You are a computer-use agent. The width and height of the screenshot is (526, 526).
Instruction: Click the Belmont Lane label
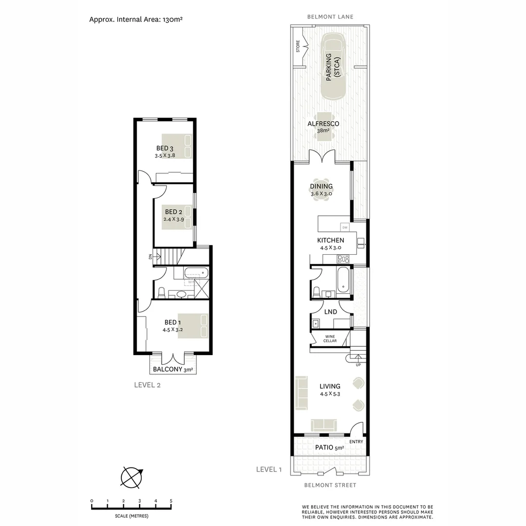pyautogui.click(x=330, y=17)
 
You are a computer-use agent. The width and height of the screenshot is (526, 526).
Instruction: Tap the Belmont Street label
pyautogui.click(x=330, y=485)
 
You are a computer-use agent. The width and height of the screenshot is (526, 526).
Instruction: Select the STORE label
pyautogui.click(x=298, y=46)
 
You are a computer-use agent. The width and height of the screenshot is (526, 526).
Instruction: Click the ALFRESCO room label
pyautogui.click(x=323, y=124)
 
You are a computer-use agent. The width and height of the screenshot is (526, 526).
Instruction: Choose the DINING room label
pyautogui.click(x=321, y=186)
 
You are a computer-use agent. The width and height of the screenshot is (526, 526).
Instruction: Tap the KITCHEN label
pyautogui.click(x=331, y=240)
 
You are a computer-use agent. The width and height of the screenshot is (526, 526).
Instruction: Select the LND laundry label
pyautogui.click(x=331, y=312)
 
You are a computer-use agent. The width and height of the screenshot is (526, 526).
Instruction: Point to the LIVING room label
pyautogui.click(x=330, y=386)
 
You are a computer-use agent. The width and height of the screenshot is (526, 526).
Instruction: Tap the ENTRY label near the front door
pyautogui.click(x=356, y=442)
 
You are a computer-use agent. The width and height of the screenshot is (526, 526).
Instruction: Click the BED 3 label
pyautogui.click(x=165, y=148)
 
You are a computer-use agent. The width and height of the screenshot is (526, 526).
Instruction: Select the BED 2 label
pyautogui.click(x=173, y=212)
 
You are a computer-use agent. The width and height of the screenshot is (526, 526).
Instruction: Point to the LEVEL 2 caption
pyautogui.click(x=147, y=385)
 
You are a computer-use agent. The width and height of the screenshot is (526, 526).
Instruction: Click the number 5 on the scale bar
pyautogui.click(x=171, y=501)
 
